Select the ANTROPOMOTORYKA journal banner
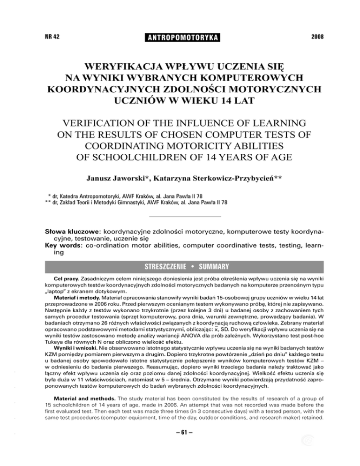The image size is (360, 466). [x=180, y=37]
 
